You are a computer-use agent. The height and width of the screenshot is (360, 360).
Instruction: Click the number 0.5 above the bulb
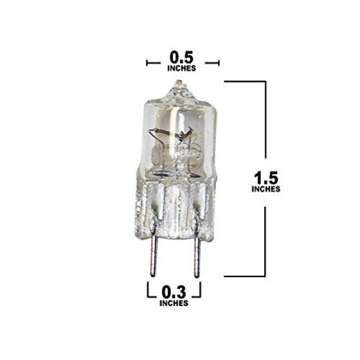[182, 58]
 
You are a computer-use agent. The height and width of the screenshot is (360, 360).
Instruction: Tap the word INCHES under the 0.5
[182, 68]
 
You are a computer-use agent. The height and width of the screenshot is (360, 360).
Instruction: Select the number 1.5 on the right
[265, 177]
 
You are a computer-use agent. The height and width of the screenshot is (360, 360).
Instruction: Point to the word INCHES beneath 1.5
[265, 189]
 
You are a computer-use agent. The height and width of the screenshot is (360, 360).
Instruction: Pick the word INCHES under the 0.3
[174, 303]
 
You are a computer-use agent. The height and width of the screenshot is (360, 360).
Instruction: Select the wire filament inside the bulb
[176, 138]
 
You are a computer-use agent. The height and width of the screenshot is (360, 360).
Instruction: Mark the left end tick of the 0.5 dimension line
[146, 62]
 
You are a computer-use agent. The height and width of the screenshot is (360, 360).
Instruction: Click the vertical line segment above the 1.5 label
[268, 124]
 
